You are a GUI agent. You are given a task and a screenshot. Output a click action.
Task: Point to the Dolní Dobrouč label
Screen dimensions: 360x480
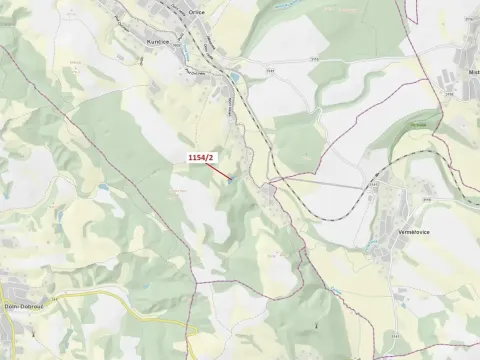(22, 306)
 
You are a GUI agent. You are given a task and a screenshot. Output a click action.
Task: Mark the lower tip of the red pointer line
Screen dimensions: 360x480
(231, 180)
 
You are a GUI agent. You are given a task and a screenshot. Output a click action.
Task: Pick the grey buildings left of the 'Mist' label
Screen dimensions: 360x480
(452, 80)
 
